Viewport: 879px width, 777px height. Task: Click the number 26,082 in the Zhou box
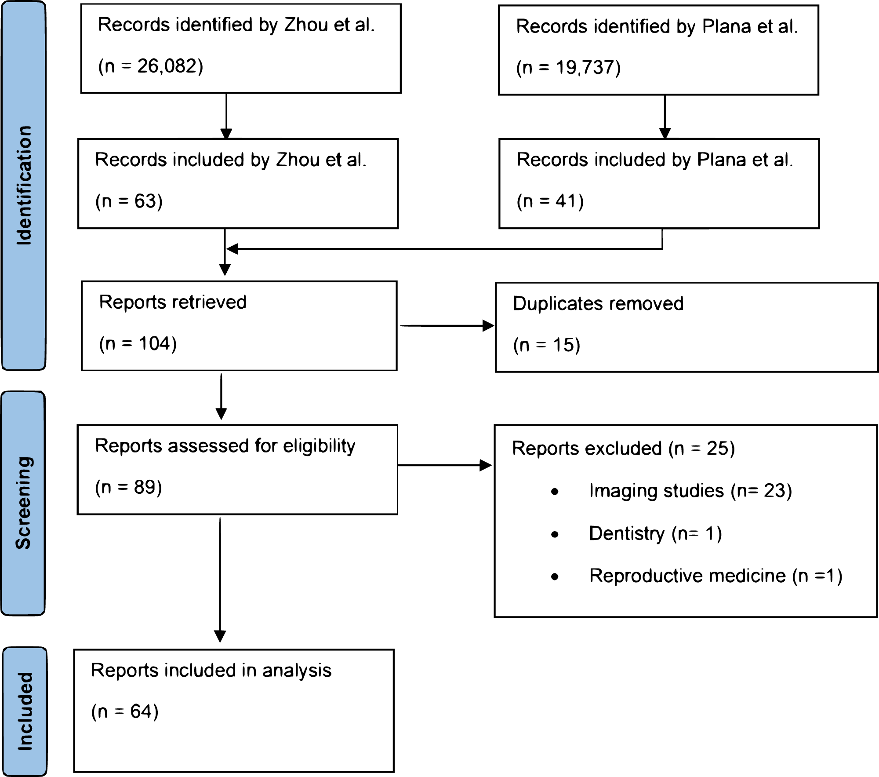click(x=167, y=66)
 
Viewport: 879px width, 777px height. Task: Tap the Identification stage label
click(x=24, y=185)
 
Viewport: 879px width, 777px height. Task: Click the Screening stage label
click(x=24, y=503)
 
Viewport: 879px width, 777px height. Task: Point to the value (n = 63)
click(x=129, y=201)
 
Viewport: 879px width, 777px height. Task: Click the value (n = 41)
click(x=550, y=201)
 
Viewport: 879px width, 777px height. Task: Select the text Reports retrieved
click(x=173, y=303)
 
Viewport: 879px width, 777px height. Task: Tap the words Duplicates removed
click(x=598, y=304)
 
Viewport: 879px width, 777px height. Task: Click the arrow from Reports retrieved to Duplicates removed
click(x=446, y=326)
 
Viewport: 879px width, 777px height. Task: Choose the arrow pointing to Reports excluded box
click(x=444, y=465)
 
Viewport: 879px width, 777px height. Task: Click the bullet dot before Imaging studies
click(x=555, y=492)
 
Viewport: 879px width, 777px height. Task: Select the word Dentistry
click(x=626, y=534)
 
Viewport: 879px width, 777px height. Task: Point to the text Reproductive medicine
click(x=687, y=576)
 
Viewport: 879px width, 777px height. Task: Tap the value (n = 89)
click(x=128, y=487)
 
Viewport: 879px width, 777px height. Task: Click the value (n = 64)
click(x=124, y=711)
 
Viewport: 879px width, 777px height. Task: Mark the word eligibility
click(x=319, y=446)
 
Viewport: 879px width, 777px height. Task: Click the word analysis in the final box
click(x=297, y=671)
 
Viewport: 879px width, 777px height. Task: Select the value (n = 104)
click(x=138, y=343)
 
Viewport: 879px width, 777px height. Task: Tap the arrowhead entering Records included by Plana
click(x=665, y=133)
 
